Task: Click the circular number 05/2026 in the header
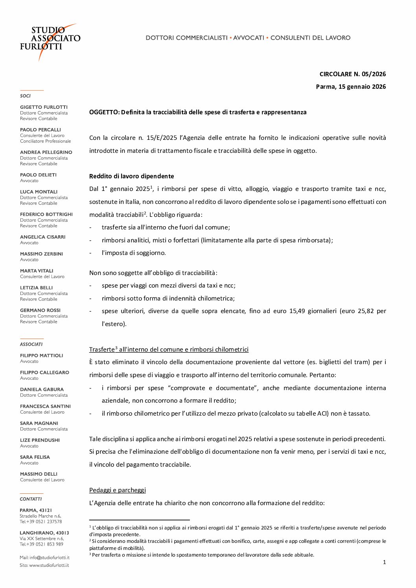(x=374, y=74)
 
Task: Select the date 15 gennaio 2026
(x=361, y=87)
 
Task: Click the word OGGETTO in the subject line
(x=104, y=112)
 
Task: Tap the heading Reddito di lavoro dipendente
(x=131, y=176)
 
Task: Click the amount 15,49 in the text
(x=297, y=311)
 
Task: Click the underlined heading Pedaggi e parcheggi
(x=117, y=490)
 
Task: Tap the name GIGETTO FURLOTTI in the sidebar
(x=44, y=107)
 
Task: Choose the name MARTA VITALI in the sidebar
(x=37, y=271)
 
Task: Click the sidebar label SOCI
(x=25, y=96)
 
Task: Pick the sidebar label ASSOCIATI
(x=31, y=344)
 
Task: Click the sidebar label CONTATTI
(x=31, y=499)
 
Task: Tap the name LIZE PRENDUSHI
(x=40, y=440)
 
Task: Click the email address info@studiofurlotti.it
(x=49, y=558)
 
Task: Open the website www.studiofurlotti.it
(x=49, y=566)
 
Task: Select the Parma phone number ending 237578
(x=49, y=522)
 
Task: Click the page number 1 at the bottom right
(x=384, y=562)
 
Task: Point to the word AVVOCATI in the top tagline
(x=248, y=38)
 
